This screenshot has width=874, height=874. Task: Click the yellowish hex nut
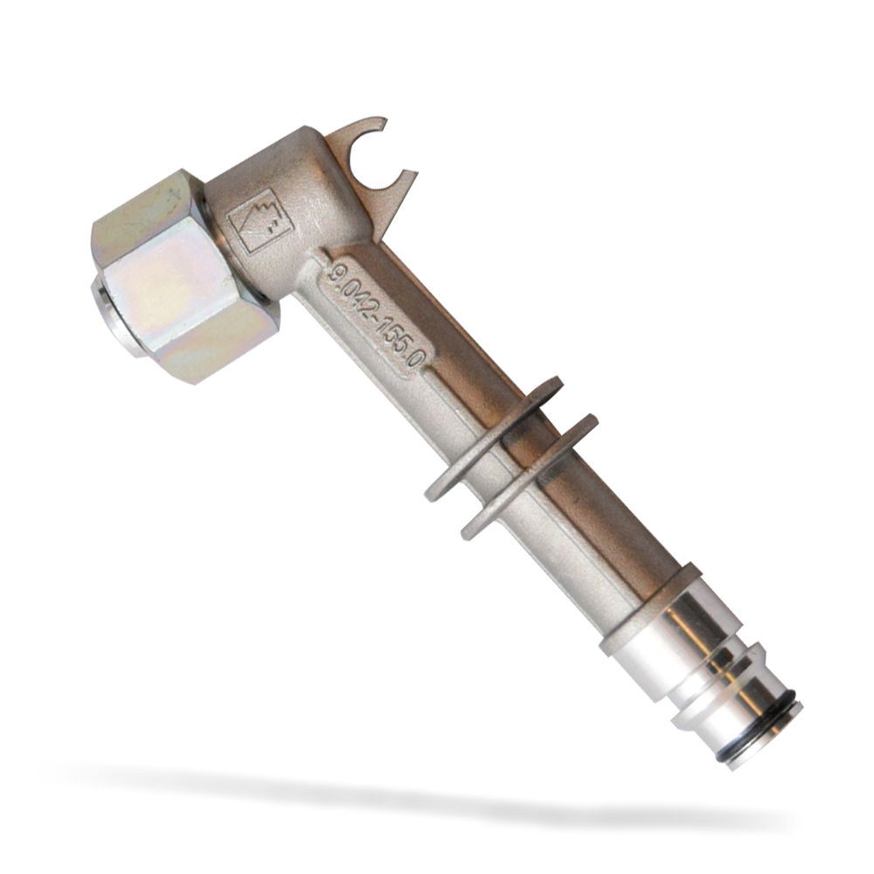click(x=184, y=279)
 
